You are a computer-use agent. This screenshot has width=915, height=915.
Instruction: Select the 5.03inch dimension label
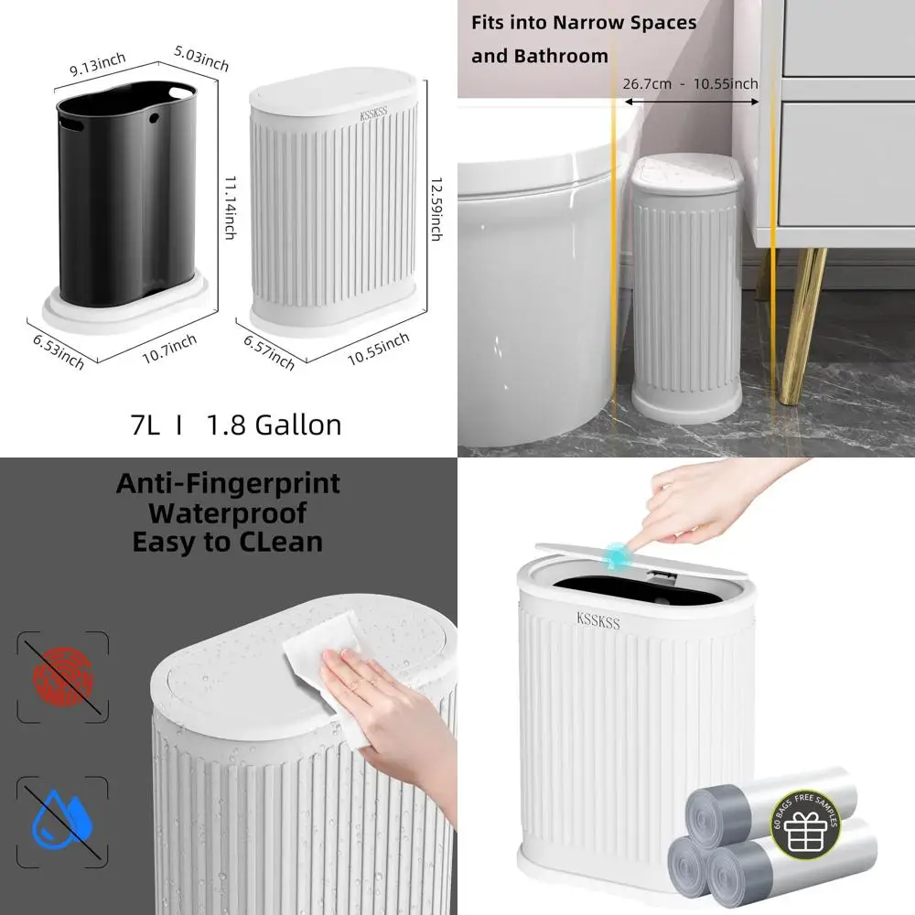coord(200,61)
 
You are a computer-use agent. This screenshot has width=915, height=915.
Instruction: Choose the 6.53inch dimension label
coord(57,350)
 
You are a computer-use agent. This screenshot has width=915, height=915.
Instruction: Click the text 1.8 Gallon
coord(274,425)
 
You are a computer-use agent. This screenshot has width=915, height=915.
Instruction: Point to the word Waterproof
coord(228,512)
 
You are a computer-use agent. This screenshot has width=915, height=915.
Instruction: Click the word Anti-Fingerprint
coord(228,483)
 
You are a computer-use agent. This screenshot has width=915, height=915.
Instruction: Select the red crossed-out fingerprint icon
coord(62,676)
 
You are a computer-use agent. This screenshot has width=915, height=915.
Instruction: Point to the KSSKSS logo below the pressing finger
coord(598,619)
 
